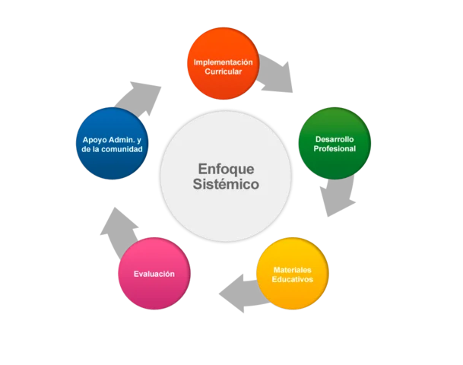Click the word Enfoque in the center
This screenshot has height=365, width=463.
coord(225,169)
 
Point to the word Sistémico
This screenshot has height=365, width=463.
coord(225,185)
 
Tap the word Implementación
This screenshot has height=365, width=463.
coord(223,62)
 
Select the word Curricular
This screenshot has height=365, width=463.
coord(223,71)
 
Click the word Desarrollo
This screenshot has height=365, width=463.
coord(335,139)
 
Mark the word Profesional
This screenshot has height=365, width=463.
coord(335,149)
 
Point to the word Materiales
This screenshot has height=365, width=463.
coord(293,270)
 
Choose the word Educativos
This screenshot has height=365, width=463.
coord(293,280)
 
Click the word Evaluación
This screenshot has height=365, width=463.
coord(154,274)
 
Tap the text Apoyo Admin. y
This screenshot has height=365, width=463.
coord(112,139)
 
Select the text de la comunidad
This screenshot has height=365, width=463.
coord(112,149)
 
